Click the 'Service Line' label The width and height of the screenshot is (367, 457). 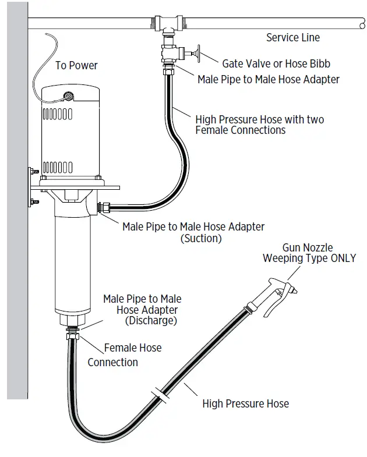click(293, 38)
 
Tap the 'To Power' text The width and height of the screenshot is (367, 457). click(76, 65)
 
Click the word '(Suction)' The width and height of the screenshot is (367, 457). click(201, 238)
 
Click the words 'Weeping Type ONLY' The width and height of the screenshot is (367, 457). click(309, 258)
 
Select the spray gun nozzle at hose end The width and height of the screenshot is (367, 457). click(274, 291)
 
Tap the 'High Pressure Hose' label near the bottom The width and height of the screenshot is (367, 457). click(245, 403)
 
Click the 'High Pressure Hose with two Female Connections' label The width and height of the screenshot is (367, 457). click(259, 125)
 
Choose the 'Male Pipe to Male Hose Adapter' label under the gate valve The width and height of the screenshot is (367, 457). click(268, 79)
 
